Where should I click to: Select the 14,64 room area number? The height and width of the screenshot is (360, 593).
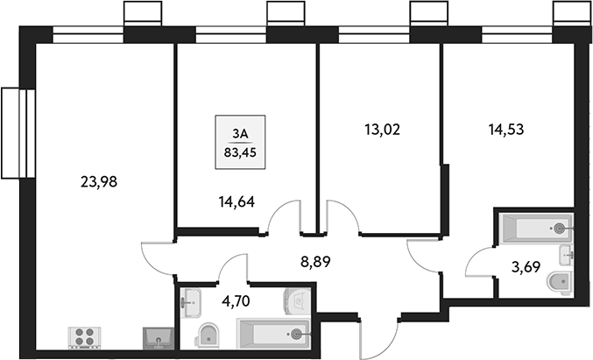coord(236,201)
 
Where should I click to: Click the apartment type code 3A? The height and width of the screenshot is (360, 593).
coord(241,133)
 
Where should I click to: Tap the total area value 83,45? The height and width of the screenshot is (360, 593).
coord(241,151)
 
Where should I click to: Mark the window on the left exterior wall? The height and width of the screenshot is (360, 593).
coord(13,132)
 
